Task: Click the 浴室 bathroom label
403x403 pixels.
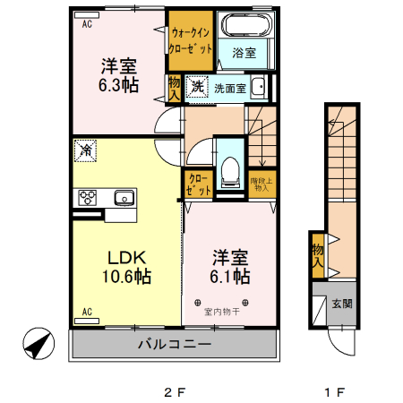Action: tap(244, 54)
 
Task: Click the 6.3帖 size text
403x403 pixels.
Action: tap(118, 83)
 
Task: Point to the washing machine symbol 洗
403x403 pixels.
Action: tap(196, 87)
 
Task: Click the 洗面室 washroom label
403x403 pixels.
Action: tap(228, 88)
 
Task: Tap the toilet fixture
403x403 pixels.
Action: tap(230, 171)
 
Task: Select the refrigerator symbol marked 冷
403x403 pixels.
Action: tap(87, 150)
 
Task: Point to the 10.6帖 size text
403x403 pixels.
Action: tap(127, 276)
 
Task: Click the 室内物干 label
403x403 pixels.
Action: tap(222, 313)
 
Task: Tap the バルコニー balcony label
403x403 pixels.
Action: tap(174, 345)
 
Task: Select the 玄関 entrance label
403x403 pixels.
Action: tap(342, 304)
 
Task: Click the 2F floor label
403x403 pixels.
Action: tap(174, 391)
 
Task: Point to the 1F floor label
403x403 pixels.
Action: tap(334, 391)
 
